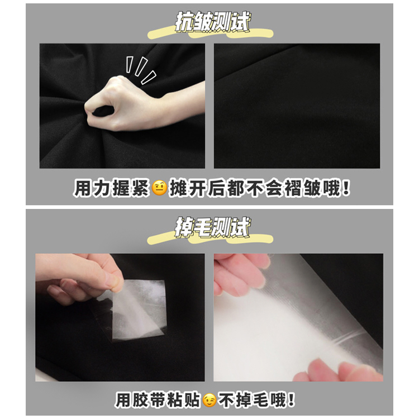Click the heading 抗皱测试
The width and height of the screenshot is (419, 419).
click(212, 21)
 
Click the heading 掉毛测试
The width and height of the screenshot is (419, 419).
click(212, 227)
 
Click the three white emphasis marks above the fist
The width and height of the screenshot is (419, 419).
click(141, 70)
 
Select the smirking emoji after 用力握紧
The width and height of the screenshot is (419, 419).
click(159, 188)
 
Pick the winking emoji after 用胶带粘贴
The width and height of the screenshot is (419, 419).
click(209, 400)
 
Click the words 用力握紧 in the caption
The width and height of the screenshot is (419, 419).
click(111, 188)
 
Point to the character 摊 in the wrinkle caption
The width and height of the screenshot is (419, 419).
click(178, 188)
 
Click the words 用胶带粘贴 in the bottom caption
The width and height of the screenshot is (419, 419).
click(158, 400)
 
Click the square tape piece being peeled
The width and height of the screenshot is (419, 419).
click(139, 310)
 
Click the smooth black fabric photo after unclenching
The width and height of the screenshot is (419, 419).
click(297, 106)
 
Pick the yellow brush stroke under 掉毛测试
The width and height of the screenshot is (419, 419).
click(210, 239)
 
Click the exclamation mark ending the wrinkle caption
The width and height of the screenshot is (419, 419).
click(346, 188)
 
